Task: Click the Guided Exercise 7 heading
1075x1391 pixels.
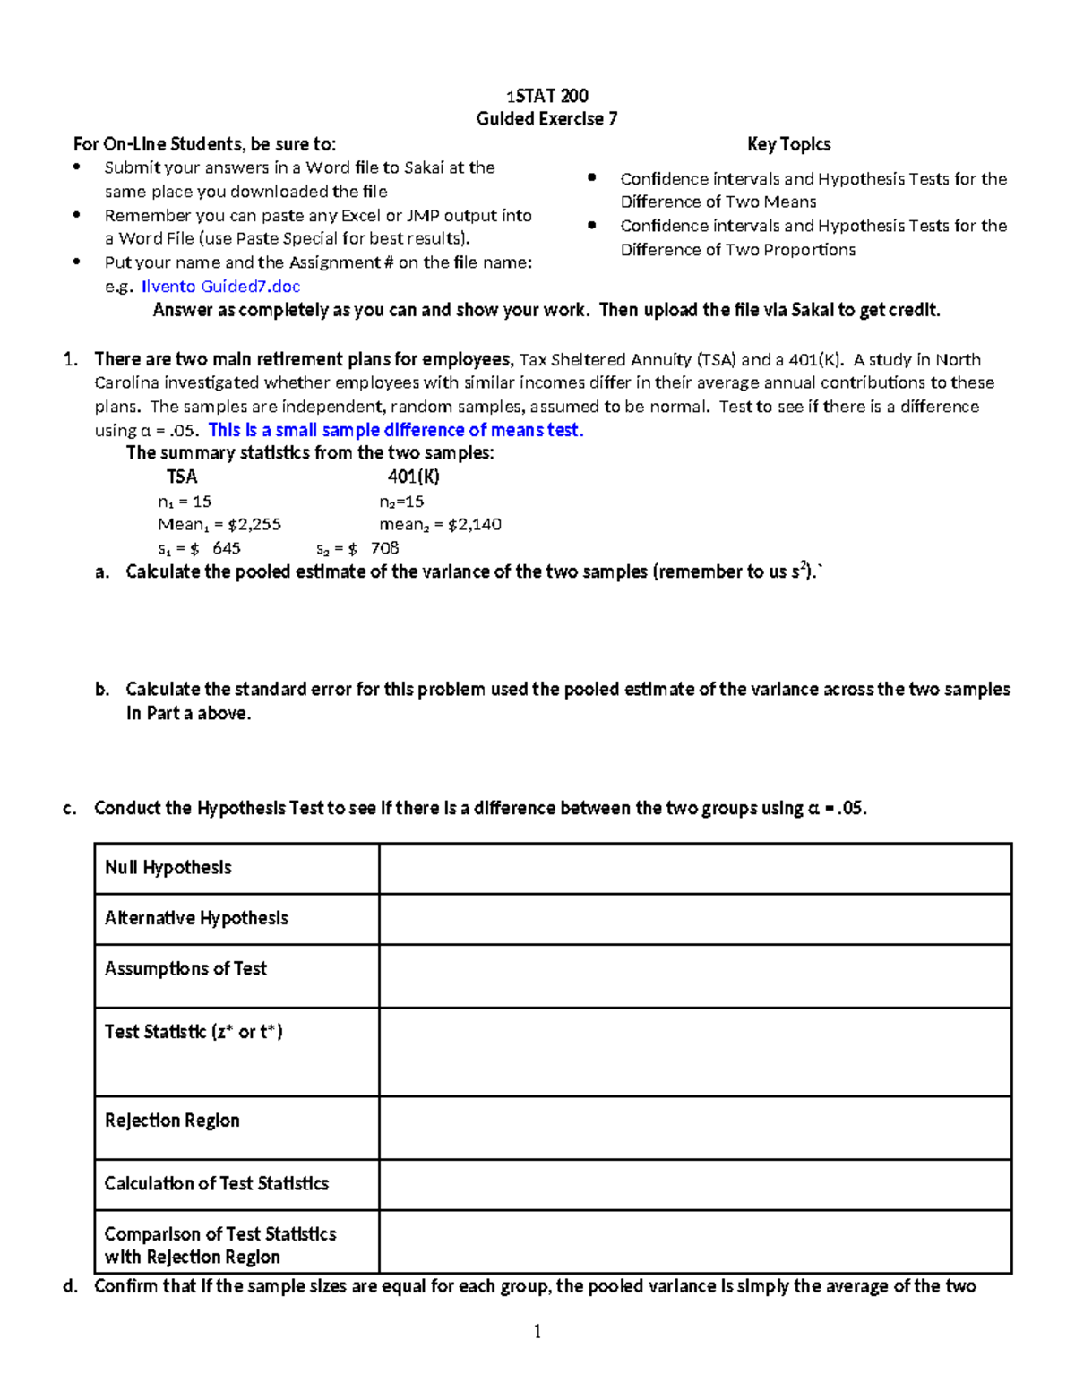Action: (x=546, y=119)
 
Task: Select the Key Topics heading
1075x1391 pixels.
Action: (x=788, y=144)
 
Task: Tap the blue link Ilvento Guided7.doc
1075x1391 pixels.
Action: (x=220, y=287)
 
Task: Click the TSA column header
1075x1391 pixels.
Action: (x=182, y=477)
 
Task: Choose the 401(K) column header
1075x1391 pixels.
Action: (x=413, y=477)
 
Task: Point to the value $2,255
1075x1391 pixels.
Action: (x=254, y=525)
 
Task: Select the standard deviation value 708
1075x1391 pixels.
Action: (x=384, y=548)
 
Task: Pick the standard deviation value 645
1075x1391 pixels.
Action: (x=226, y=548)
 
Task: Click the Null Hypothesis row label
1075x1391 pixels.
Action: (x=168, y=868)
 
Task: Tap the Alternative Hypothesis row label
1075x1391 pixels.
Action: (x=196, y=918)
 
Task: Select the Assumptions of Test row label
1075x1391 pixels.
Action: (x=185, y=969)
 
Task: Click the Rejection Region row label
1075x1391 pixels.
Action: (x=172, y=1121)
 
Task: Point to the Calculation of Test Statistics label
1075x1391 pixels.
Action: (x=217, y=1184)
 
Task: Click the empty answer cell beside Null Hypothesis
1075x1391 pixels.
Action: (x=695, y=869)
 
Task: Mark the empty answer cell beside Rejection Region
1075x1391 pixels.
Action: (x=695, y=1128)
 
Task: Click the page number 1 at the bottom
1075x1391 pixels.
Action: (x=537, y=1332)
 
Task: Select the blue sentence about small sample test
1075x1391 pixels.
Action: (x=396, y=430)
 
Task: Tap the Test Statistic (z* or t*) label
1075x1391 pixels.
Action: (x=193, y=1032)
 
